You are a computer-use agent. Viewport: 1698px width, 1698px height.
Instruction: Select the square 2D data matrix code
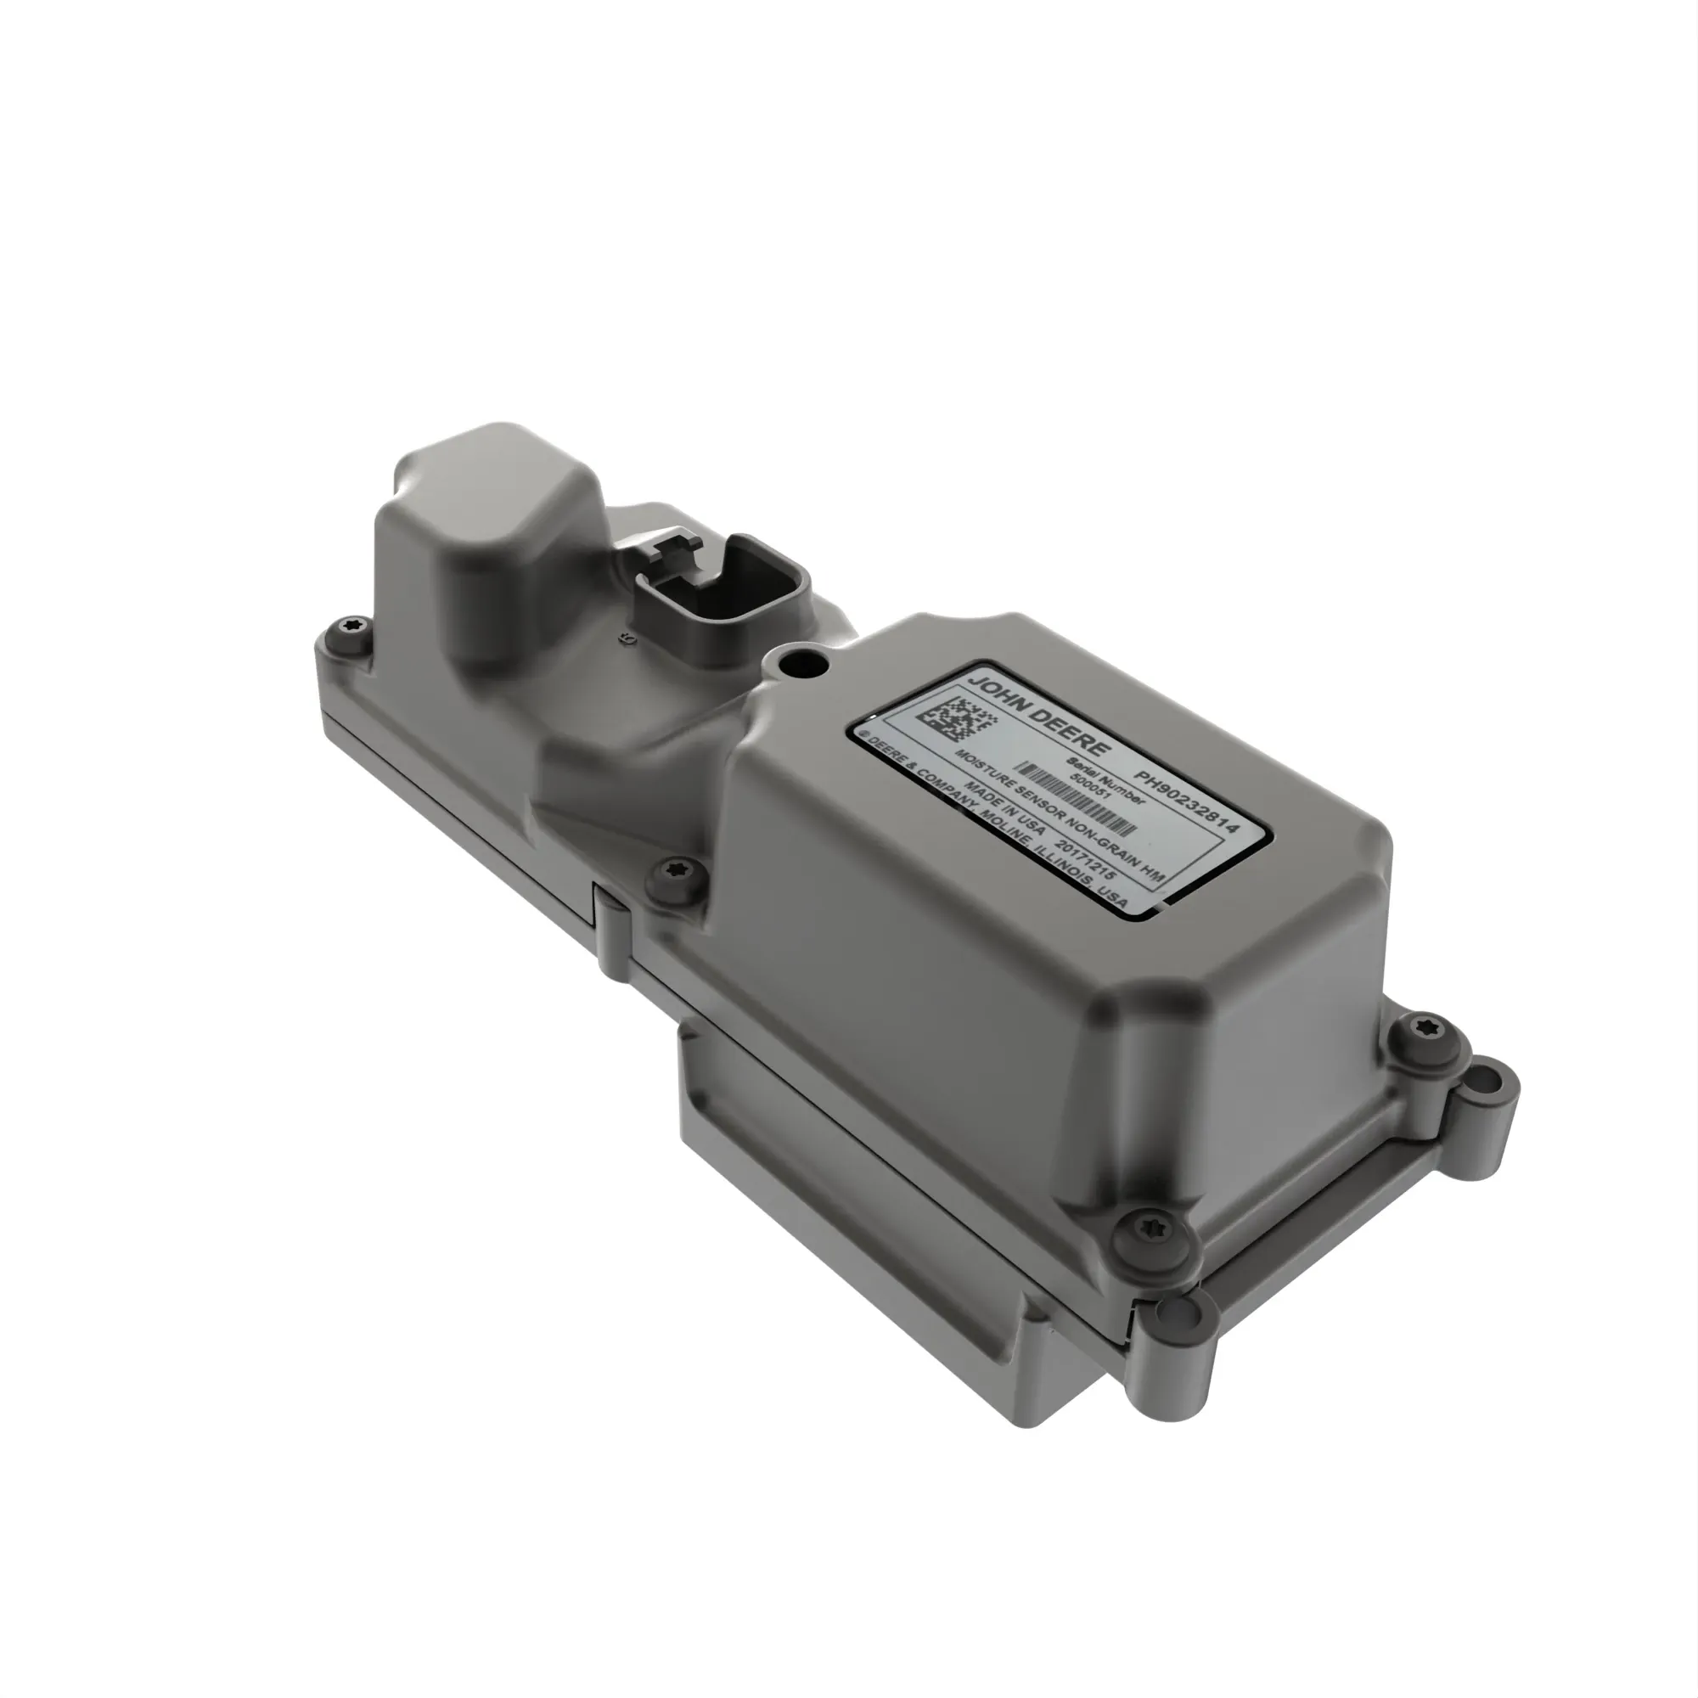957,718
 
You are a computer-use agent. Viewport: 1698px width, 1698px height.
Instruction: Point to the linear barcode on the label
1079,801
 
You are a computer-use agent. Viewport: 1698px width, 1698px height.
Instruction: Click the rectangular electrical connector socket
720,599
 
